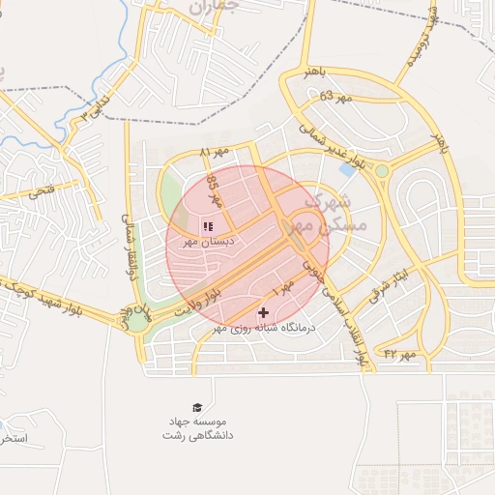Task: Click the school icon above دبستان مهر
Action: point(208,226)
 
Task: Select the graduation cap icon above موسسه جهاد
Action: point(197,408)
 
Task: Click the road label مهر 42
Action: point(398,355)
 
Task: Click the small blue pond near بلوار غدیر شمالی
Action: point(346,170)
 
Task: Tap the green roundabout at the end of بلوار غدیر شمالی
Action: point(382,171)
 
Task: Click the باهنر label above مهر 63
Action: point(315,73)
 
